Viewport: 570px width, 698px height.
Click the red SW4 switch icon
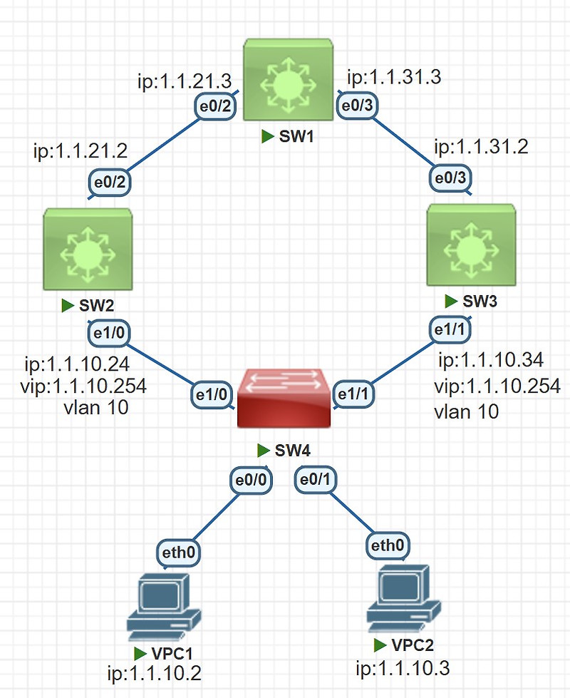[284, 401]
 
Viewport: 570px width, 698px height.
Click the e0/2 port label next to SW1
[214, 107]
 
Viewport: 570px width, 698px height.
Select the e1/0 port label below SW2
[108, 332]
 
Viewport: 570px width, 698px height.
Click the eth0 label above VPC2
[388, 546]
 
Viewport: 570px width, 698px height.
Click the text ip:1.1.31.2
[481, 148]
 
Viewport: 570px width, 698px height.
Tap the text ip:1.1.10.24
[76, 365]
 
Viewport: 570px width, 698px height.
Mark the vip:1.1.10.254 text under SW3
[497, 387]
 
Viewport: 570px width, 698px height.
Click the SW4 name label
[291, 450]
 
